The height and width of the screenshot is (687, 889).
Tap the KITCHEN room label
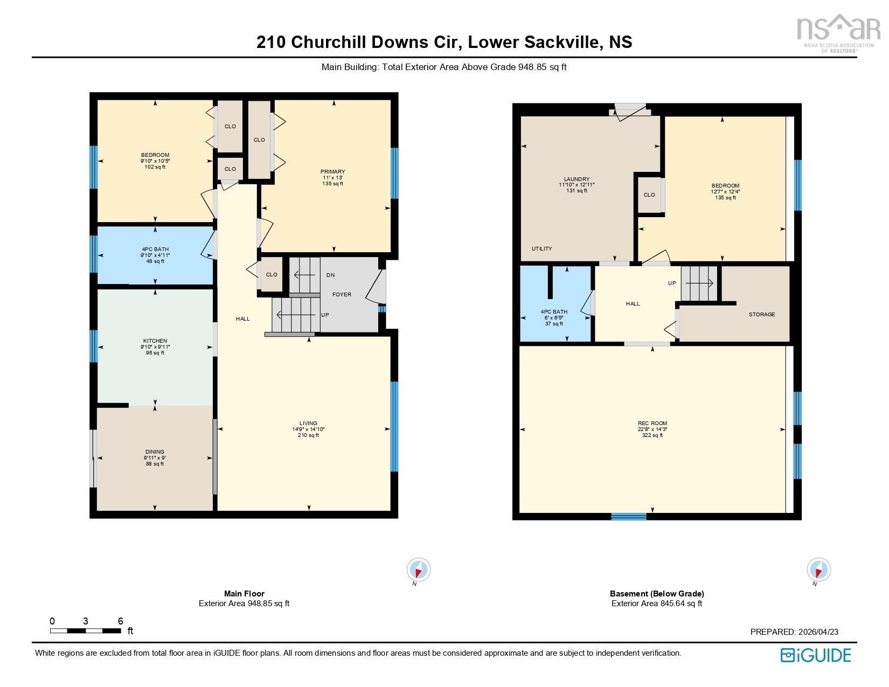[155, 341]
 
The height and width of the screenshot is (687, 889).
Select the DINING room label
[155, 452]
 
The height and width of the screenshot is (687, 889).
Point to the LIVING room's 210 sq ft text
[308, 435]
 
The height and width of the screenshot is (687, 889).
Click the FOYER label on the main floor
[342, 294]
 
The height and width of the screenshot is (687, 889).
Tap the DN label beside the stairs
[330, 275]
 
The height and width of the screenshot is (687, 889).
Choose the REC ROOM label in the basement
[652, 424]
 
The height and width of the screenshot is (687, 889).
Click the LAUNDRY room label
[577, 179]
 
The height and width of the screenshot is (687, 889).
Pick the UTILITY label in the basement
[541, 248]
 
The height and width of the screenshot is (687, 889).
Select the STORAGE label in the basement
[761, 314]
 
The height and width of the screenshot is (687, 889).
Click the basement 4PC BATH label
[554, 312]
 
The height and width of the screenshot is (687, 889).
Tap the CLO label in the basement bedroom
[649, 195]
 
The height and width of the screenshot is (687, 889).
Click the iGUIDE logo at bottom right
[815, 655]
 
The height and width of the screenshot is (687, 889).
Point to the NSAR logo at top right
[835, 31]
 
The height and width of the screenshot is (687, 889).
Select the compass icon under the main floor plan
[418, 570]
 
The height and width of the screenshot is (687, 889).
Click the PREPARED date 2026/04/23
[794, 632]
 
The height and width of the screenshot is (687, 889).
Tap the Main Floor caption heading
[244, 593]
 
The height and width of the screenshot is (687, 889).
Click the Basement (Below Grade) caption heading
[656, 593]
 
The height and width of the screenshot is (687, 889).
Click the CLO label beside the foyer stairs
[272, 274]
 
